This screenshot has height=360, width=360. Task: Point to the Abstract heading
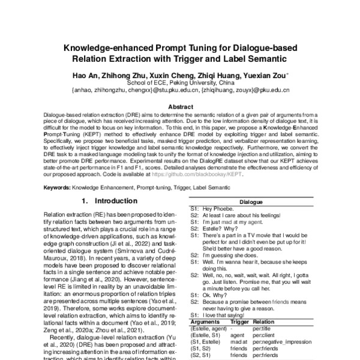pyautogui.click(x=180, y=105)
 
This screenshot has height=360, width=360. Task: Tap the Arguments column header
pyautogui.click(x=205, y=321)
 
